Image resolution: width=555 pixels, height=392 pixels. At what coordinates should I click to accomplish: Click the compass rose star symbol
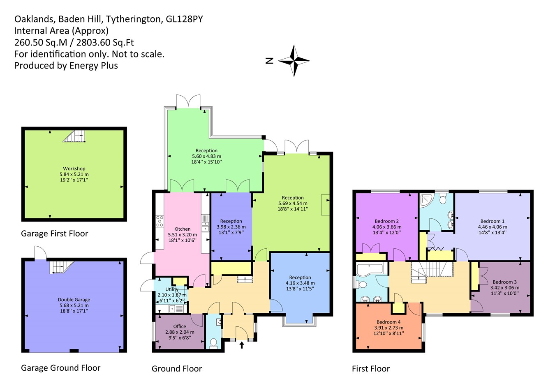(x=294, y=61)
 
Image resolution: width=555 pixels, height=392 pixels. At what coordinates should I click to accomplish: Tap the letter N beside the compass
(x=269, y=61)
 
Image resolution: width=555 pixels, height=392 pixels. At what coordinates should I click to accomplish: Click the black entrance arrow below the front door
(x=242, y=345)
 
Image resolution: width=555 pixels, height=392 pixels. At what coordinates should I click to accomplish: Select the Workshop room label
(x=74, y=169)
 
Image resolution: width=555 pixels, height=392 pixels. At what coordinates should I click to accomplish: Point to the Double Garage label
(x=74, y=300)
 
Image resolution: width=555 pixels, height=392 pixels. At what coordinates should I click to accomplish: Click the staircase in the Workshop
(x=75, y=136)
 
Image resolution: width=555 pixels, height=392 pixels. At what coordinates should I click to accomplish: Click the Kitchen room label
(x=182, y=229)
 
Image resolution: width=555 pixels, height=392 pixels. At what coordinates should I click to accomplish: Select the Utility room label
(x=172, y=289)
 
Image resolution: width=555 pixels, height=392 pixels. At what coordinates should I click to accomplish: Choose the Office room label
(x=179, y=326)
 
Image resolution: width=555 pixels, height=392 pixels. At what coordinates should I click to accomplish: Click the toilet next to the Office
(x=213, y=342)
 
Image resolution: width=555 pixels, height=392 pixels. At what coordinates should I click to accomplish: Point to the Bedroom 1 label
(x=492, y=221)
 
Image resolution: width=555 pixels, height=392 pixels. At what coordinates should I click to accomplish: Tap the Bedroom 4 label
(x=388, y=322)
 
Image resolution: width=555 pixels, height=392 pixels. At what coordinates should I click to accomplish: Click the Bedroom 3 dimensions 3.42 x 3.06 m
(x=504, y=288)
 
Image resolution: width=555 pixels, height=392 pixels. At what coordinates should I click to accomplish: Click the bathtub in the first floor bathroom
(x=370, y=269)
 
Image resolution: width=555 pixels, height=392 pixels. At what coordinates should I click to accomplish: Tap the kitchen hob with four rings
(x=160, y=221)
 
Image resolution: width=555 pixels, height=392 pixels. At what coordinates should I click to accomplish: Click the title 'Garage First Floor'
(x=54, y=234)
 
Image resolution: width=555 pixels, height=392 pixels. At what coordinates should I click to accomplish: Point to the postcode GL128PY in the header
(x=184, y=19)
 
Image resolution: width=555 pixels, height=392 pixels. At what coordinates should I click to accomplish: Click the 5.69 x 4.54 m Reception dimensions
(x=292, y=203)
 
